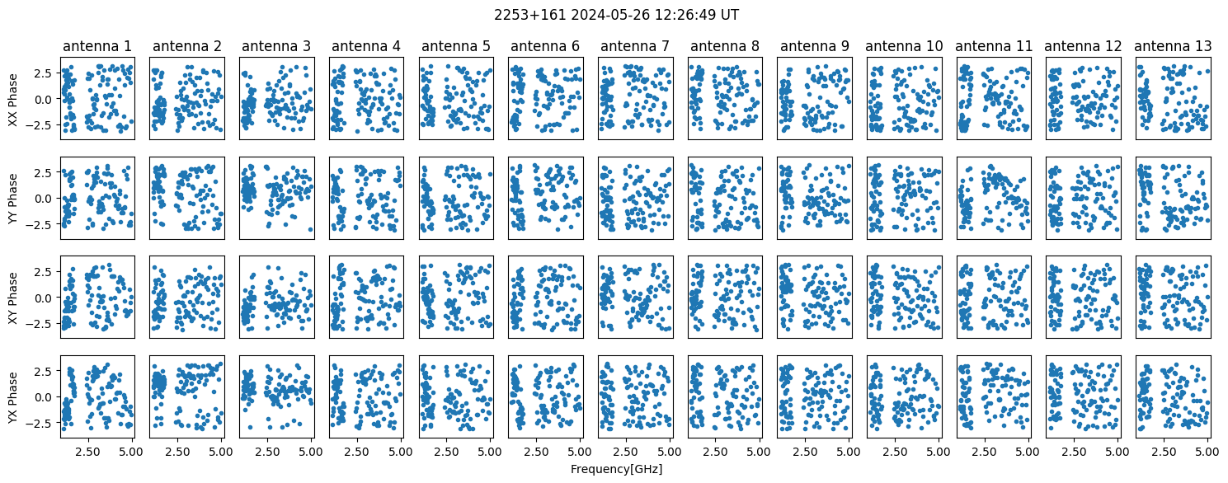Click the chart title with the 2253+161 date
(616, 15)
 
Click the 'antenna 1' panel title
(97, 46)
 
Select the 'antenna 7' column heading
(635, 46)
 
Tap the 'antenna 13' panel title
(1173, 46)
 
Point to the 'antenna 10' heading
(904, 46)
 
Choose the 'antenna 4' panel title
(365, 46)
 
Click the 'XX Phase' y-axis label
(12, 99)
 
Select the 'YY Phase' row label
(12, 199)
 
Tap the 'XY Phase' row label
(12, 298)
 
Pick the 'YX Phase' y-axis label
(12, 397)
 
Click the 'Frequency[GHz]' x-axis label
(616, 469)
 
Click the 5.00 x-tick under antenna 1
(131, 452)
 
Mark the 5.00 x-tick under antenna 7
(669, 452)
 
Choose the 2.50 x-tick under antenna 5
(446, 452)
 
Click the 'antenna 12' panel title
(1083, 46)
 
